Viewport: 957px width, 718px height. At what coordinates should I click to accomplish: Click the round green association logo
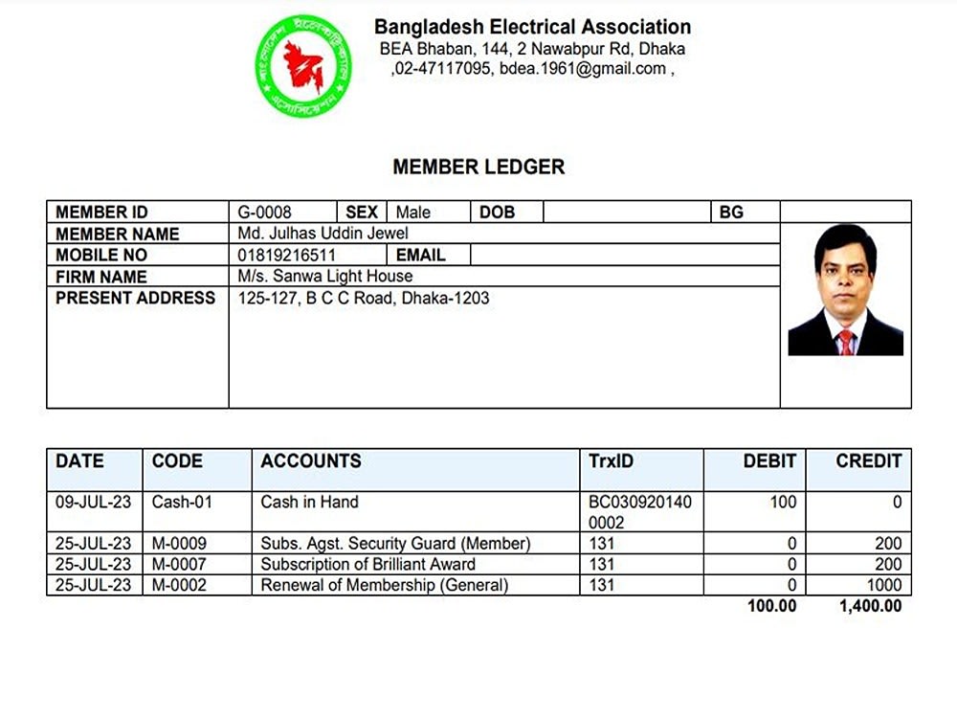[x=303, y=66]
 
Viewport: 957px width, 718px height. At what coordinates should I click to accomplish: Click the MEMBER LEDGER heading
[x=478, y=167]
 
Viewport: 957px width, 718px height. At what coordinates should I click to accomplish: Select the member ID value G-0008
[x=265, y=213]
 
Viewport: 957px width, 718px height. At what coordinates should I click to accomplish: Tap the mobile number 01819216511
[x=287, y=256]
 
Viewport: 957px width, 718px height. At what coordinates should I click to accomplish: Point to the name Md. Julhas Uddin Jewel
[x=323, y=234]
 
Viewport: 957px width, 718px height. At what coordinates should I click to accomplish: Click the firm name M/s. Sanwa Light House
[x=325, y=277]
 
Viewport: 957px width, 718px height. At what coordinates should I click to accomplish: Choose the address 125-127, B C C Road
[x=364, y=298]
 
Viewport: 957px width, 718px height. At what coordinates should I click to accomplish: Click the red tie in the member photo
[x=846, y=343]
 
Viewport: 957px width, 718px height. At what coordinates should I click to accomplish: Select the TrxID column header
[x=611, y=460]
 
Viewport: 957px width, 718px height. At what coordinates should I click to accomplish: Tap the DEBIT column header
[x=769, y=460]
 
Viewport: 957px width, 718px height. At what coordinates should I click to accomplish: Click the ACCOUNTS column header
[x=311, y=460]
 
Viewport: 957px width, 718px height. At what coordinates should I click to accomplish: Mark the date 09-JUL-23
[x=94, y=502]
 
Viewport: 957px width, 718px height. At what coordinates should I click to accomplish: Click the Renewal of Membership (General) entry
[x=385, y=585]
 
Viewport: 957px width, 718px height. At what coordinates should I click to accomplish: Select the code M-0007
[x=179, y=564]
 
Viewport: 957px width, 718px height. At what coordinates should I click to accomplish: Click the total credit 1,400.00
[x=870, y=606]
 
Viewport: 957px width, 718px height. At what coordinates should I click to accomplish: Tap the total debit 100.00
[x=771, y=606]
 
